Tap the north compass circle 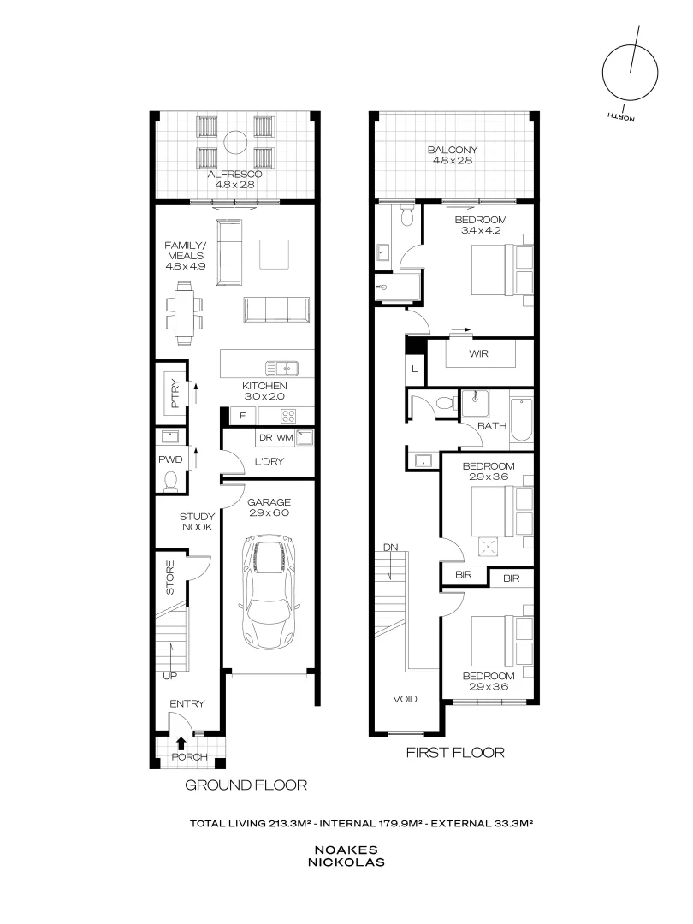[x=631, y=73]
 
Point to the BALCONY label [x=453, y=151]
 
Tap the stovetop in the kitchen [x=287, y=417]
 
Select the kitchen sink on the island [x=281, y=369]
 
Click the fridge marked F [x=243, y=417]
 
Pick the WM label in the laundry [x=284, y=438]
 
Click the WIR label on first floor [x=478, y=353]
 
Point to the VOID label [x=406, y=699]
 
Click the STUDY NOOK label [x=196, y=523]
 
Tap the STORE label [x=170, y=578]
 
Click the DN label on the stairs [x=389, y=547]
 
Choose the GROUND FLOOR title [x=246, y=785]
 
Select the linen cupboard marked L [x=415, y=369]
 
